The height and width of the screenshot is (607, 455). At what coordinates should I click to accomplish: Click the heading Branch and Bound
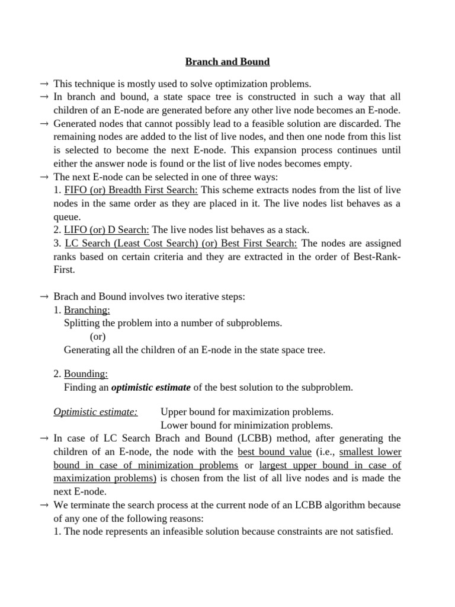coord(227,62)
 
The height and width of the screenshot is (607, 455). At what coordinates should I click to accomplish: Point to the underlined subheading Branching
coord(87,310)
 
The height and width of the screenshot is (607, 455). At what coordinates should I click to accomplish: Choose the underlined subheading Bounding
coord(86,374)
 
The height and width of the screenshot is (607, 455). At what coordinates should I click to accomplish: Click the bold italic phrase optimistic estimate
coord(151,388)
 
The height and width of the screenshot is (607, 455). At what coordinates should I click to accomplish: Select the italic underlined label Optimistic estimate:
coord(95,411)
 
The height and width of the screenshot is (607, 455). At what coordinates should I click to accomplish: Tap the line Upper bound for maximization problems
coord(247,411)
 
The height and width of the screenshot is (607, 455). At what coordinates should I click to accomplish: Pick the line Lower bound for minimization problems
coord(246,425)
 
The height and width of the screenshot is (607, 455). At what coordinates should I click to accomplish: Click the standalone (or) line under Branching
coord(98,337)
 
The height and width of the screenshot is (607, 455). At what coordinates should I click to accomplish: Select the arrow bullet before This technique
coord(44,83)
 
